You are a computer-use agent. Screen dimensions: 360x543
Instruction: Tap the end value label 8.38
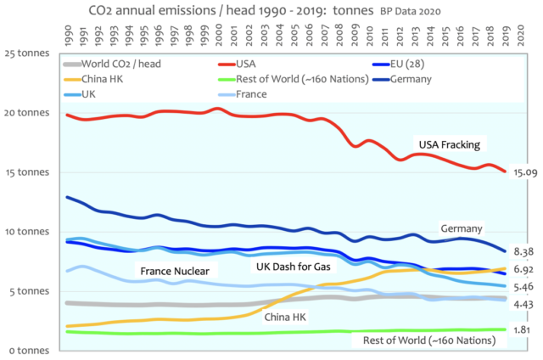pos(523,251)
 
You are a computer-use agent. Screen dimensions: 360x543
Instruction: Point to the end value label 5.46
pos(523,287)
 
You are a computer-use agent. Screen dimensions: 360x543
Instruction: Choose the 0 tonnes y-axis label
pos(33,350)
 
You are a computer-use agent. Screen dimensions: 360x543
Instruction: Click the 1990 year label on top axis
pos(68,36)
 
